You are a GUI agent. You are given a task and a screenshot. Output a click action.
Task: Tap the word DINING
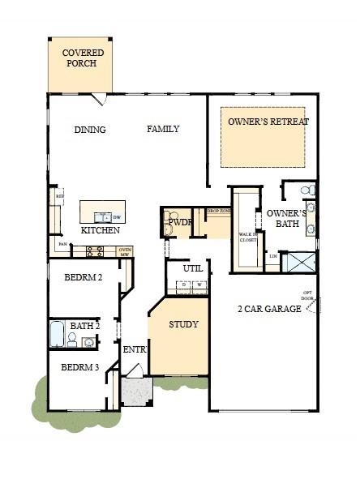pyautogui.click(x=90, y=130)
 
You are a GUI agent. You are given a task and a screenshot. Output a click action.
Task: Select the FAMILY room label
pyautogui.click(x=163, y=129)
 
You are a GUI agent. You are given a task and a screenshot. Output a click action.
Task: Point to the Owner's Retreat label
pyautogui.click(x=268, y=122)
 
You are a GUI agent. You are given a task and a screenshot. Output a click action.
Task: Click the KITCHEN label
pyautogui.click(x=101, y=230)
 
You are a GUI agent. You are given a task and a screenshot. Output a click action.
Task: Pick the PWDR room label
pyautogui.click(x=179, y=221)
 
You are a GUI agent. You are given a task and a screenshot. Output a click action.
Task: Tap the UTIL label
pyautogui.click(x=193, y=267)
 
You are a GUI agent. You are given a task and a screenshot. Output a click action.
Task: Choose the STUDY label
pyautogui.click(x=183, y=324)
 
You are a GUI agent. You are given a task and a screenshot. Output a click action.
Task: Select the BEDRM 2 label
pyautogui.click(x=84, y=278)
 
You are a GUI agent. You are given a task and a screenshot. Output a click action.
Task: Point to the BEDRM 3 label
pyautogui.click(x=80, y=367)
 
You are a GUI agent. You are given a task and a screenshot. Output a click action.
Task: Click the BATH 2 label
pyautogui.click(x=84, y=326)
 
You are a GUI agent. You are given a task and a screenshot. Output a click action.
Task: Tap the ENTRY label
pyautogui.click(x=134, y=350)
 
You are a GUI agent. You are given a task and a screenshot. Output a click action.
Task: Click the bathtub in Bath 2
pyautogui.click(x=57, y=333)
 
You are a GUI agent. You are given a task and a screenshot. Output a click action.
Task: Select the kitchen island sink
pyautogui.click(x=103, y=217)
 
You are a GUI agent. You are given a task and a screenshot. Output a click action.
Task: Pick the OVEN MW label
pyautogui.click(x=124, y=251)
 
